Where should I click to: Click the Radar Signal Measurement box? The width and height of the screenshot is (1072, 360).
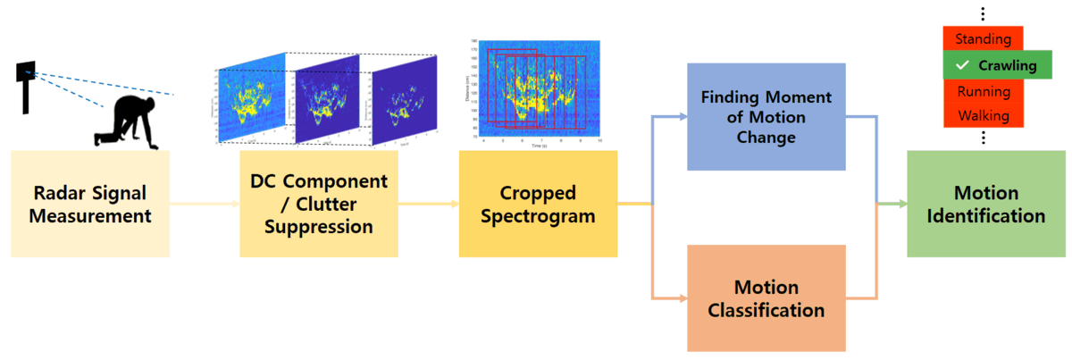(x=90, y=204)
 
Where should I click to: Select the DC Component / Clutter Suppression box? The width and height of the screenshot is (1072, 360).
(x=319, y=204)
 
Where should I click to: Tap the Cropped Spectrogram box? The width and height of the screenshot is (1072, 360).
(x=538, y=204)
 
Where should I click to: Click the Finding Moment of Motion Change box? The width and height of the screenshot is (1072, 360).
(x=766, y=117)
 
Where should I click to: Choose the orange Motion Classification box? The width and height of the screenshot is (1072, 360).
(x=766, y=298)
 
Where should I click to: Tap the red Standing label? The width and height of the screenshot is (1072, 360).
(x=983, y=39)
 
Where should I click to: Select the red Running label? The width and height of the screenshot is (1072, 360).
(x=983, y=91)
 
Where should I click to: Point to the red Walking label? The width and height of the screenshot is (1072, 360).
(x=983, y=115)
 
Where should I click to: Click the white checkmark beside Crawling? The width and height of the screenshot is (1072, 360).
(x=961, y=65)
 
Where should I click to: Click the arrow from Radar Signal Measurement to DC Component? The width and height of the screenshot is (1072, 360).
(x=205, y=205)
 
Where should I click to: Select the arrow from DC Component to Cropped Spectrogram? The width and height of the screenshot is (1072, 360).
(x=428, y=205)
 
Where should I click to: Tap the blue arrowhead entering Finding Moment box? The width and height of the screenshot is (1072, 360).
(x=683, y=117)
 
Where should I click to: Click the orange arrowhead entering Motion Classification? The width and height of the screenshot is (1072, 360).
(x=683, y=297)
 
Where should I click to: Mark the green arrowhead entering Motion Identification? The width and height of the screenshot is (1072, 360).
(x=902, y=205)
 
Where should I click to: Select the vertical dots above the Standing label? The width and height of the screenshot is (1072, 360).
(x=983, y=14)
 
